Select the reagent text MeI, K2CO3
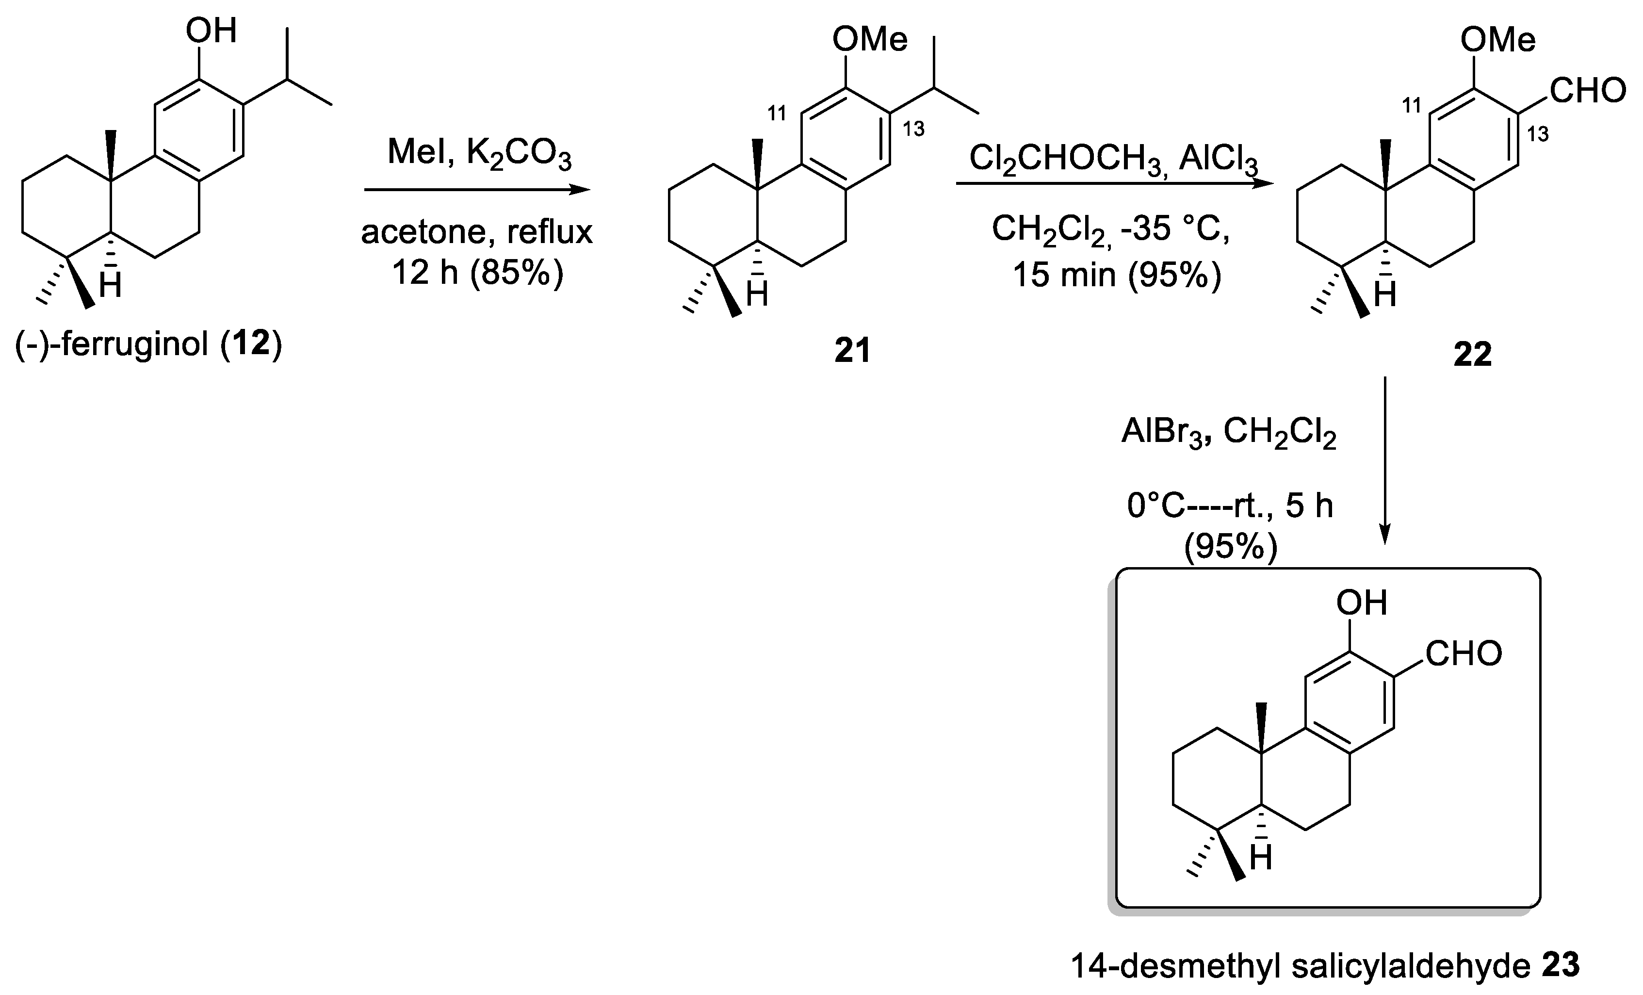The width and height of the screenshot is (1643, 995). click(479, 154)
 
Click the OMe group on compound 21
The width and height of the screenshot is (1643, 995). click(869, 40)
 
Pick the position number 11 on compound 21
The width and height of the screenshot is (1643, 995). click(777, 114)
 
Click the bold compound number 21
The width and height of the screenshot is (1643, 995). click(852, 351)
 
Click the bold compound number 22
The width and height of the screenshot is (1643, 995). click(1472, 355)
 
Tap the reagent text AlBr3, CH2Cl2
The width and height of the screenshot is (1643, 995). click(1228, 434)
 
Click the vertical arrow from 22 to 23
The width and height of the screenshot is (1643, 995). click(1385, 460)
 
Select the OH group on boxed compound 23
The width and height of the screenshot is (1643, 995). click(1362, 603)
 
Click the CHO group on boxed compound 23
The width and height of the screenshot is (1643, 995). click(1464, 654)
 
